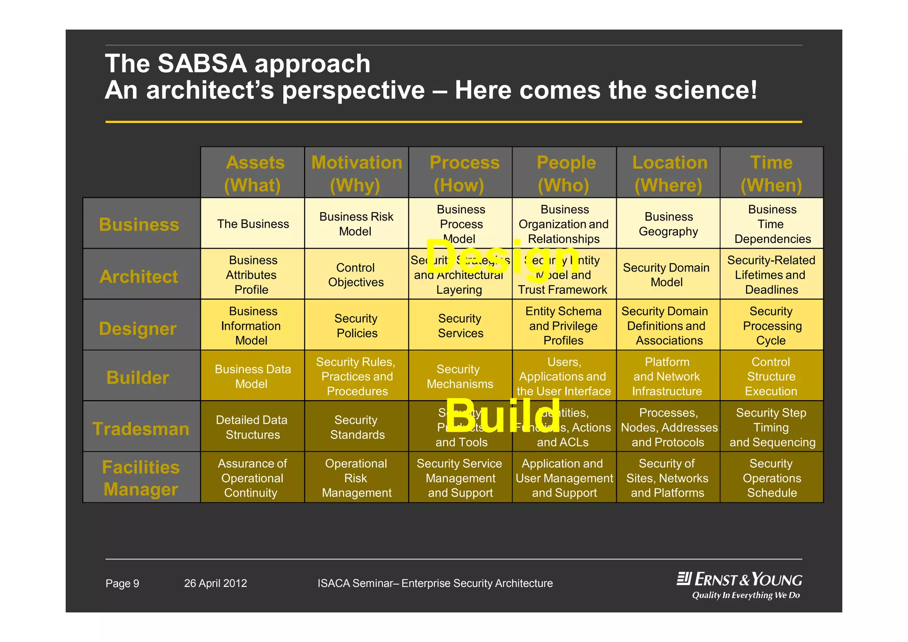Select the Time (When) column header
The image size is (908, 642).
771,173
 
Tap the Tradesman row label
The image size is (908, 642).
141,429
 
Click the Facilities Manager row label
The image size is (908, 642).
141,478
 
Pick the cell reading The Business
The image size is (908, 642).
253,224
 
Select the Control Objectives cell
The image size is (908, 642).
356,275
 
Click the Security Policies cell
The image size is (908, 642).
356,326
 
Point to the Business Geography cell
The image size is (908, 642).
669,224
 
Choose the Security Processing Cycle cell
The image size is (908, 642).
771,326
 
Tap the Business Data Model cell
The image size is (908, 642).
253,376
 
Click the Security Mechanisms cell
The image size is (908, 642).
460,376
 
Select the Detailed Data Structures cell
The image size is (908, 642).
252,427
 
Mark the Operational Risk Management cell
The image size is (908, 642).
356,478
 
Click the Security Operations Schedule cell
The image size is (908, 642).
771,478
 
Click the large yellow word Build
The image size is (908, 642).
503,415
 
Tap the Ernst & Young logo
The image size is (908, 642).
740,585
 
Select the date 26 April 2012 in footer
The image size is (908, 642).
215,583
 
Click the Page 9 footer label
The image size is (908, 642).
122,583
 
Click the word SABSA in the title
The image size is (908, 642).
202,63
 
